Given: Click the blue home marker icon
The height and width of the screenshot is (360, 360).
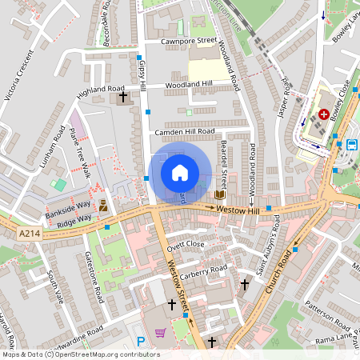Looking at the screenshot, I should click(x=180, y=172).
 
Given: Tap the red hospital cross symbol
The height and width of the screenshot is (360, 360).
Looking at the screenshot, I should click(x=323, y=115).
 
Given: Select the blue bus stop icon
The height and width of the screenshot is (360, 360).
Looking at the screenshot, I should click(x=352, y=144).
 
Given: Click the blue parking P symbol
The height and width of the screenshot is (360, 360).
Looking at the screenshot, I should click(x=141, y=341).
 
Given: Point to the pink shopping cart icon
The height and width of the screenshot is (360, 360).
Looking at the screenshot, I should click(x=160, y=333).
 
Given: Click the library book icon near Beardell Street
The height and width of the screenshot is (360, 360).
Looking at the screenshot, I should click(x=219, y=194).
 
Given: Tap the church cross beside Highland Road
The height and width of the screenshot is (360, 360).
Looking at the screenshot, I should click(x=122, y=98).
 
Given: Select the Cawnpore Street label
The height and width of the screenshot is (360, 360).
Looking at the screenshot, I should click(x=189, y=40).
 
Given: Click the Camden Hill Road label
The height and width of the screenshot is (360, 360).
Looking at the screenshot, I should click(x=186, y=130).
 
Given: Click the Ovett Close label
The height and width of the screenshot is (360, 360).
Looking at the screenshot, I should click(x=186, y=245).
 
